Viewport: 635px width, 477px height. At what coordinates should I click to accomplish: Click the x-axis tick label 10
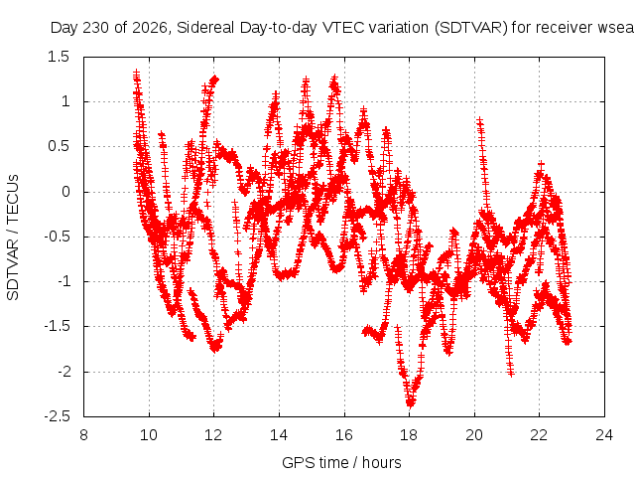[149, 435]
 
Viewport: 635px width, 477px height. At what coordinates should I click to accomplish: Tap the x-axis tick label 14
[279, 435]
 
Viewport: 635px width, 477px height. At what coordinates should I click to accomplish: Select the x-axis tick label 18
[409, 435]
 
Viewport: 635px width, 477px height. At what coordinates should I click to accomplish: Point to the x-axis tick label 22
[539, 435]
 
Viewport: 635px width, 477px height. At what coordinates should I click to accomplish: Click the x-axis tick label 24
[604, 435]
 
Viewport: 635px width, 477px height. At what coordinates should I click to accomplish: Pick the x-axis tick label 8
[83, 435]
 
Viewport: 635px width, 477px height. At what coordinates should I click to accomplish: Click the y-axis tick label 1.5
[59, 57]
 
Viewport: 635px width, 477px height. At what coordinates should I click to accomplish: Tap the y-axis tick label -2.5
[58, 416]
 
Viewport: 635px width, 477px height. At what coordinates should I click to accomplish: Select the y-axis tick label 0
[65, 192]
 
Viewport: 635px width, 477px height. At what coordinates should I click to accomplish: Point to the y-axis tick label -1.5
[58, 327]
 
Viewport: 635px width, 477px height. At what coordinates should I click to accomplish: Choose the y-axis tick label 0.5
[59, 146]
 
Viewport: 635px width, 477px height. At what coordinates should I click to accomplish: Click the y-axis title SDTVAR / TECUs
[13, 238]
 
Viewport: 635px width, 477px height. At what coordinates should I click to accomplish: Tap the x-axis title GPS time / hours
[341, 462]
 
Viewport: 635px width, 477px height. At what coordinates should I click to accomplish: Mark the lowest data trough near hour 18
[410, 404]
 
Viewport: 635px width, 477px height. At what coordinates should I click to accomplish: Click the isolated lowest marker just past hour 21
[511, 374]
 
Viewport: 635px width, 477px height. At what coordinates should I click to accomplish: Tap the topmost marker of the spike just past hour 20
[479, 120]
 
